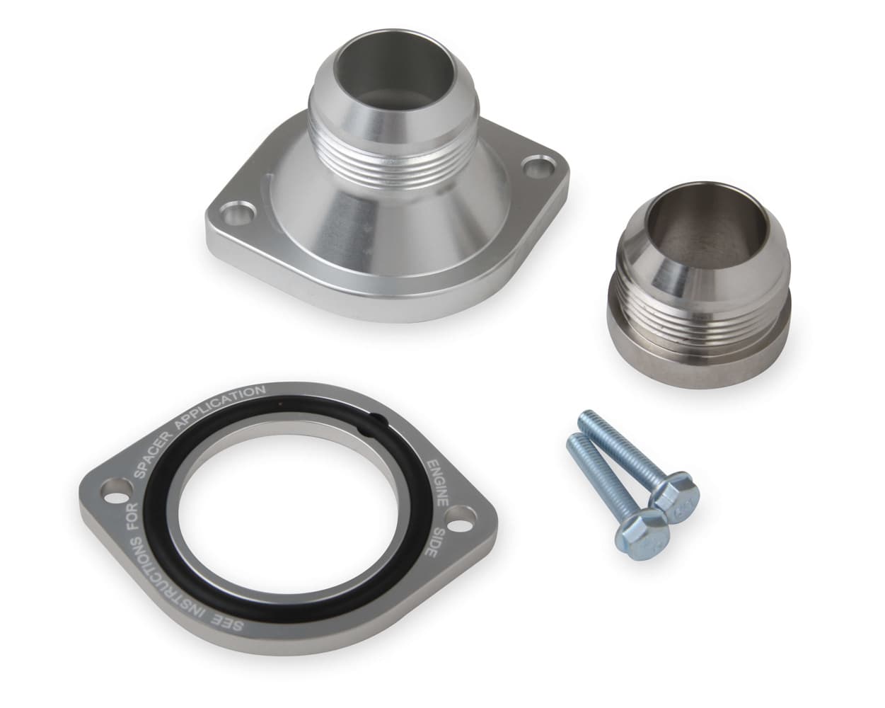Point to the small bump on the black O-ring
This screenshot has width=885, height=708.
378,422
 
